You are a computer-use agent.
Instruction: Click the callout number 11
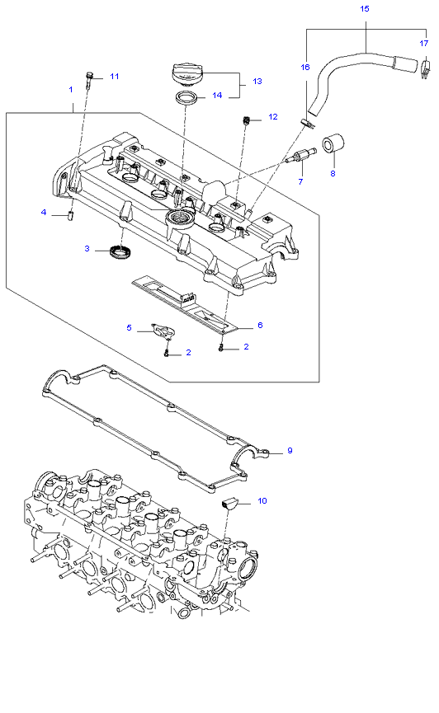[x=115, y=77]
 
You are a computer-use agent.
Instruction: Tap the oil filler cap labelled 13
[x=186, y=75]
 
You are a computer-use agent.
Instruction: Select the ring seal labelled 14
[x=186, y=97]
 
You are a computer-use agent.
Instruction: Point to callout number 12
[x=273, y=116]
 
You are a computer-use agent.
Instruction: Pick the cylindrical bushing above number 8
[x=333, y=144]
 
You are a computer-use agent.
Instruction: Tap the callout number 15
[x=364, y=8]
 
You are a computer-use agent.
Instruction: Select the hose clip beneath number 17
[x=425, y=68]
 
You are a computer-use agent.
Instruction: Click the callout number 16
[x=305, y=67]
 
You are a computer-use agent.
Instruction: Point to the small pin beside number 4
[x=72, y=215]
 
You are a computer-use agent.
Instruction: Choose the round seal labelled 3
[x=121, y=251]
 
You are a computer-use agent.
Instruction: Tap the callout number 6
[x=260, y=325]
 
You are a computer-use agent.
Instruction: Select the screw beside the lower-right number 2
[x=221, y=348]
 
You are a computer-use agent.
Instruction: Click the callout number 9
[x=290, y=451]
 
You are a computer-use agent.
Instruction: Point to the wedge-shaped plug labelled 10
[x=229, y=503]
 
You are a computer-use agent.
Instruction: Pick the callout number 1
[x=71, y=89]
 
